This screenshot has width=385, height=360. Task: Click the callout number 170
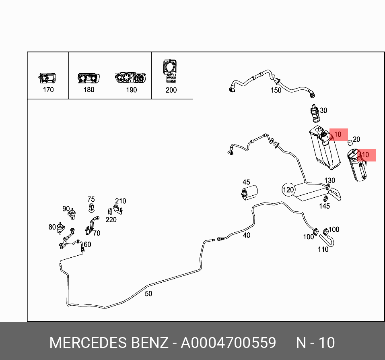coord(48,89)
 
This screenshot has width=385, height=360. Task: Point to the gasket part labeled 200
coord(171,70)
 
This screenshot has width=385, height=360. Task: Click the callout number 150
coord(276,90)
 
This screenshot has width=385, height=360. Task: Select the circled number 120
coord(288,189)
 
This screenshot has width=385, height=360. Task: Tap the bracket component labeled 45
coord(249,192)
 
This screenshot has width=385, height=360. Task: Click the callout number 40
coord(246,235)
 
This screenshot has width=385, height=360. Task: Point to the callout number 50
coord(148,294)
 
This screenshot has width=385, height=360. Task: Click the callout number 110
coord(323,249)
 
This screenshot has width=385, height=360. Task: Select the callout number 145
coord(324,206)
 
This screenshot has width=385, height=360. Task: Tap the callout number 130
coord(329,180)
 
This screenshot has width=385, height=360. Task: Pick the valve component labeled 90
coord(73,213)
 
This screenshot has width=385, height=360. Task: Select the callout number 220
coord(111,219)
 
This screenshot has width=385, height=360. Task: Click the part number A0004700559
coord(228,343)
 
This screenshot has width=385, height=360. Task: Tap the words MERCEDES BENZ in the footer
coord(109,343)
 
